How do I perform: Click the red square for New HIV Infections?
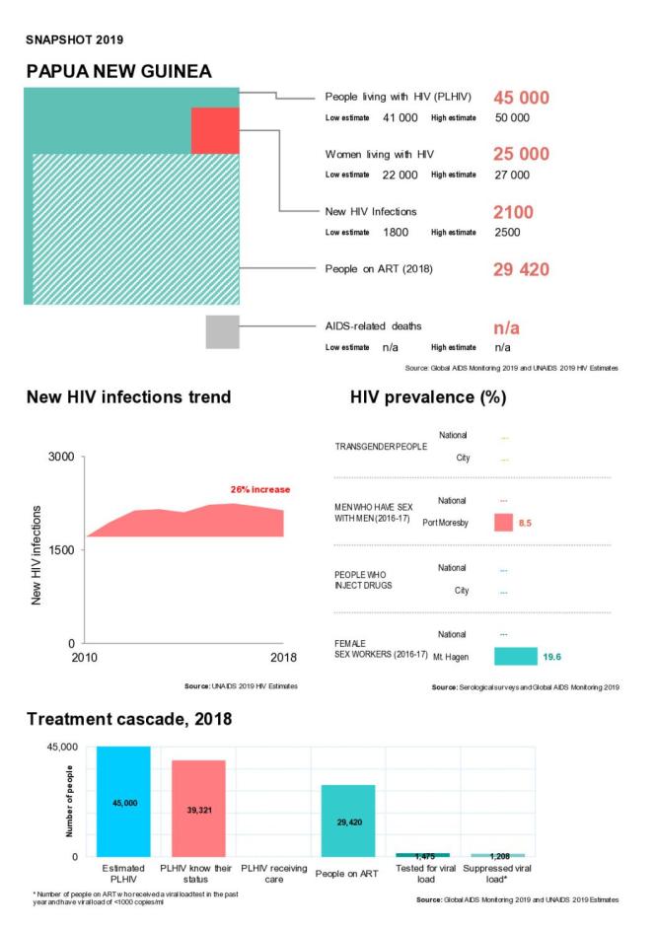[x=215, y=130]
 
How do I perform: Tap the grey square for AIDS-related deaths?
[x=222, y=331]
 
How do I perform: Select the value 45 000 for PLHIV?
[x=521, y=98]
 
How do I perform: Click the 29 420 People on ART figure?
[x=521, y=269]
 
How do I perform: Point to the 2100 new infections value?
[x=513, y=212]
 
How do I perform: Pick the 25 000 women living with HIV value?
[x=521, y=155]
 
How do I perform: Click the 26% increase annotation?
[x=259, y=489]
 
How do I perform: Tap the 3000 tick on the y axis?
[x=61, y=458]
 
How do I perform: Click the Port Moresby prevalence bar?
[x=505, y=523]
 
